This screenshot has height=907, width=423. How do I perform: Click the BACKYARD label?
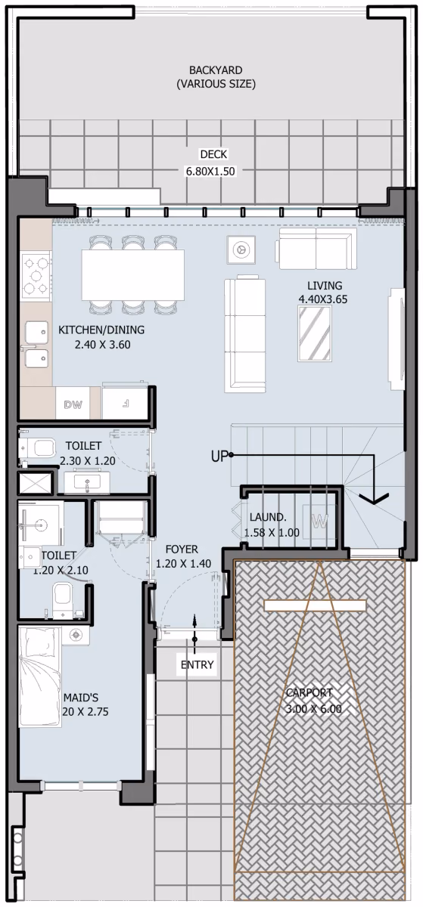coord(216,70)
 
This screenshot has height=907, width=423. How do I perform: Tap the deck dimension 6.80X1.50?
coord(210,172)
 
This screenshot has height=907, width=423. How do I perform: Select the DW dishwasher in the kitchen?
coord(73,404)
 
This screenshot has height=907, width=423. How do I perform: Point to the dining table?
coord(133,274)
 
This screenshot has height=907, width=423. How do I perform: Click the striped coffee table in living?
coord(315,333)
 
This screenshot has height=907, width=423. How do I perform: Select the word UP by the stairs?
coord(219,457)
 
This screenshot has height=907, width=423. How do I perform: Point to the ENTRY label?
coord(197,664)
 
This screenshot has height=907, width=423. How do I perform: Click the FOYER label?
coord(182,549)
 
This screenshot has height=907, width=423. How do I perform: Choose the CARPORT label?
coord(309,692)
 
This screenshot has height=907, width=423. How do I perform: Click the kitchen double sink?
coord(37,343)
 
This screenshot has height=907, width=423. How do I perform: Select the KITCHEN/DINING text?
coord(101,330)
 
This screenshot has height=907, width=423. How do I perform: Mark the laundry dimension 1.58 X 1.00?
coord(272,532)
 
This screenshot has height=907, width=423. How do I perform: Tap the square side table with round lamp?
coord(241,249)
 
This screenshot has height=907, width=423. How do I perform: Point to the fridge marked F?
coord(125,403)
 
